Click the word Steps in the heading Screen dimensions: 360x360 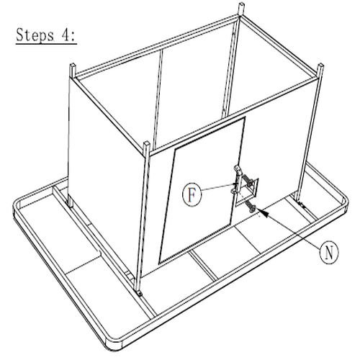tap(35, 35)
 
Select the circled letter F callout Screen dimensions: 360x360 tap(192, 195)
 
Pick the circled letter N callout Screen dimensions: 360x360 tap(329, 253)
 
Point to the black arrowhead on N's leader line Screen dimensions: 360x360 tap(262, 212)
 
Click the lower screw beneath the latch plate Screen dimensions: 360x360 tap(251, 207)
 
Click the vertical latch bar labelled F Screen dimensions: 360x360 tap(238, 180)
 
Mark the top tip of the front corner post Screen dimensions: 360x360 tap(146, 143)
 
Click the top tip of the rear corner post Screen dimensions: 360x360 tap(241, 4)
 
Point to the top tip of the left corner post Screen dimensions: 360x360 tap(73, 64)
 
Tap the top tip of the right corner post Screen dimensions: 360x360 tap(320, 65)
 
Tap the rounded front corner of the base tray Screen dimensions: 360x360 tap(113, 346)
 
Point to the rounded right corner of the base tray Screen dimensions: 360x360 tap(345, 200)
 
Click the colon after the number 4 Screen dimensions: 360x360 tap(73, 37)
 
